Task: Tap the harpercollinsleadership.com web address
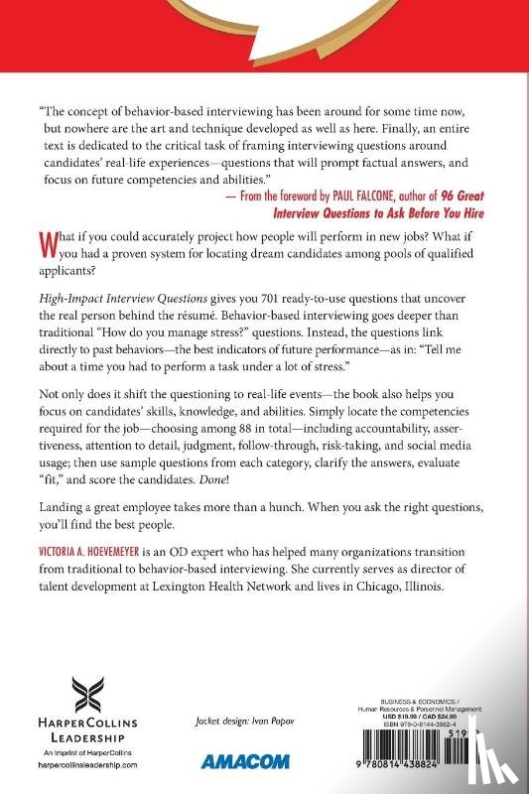click(103, 767)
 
